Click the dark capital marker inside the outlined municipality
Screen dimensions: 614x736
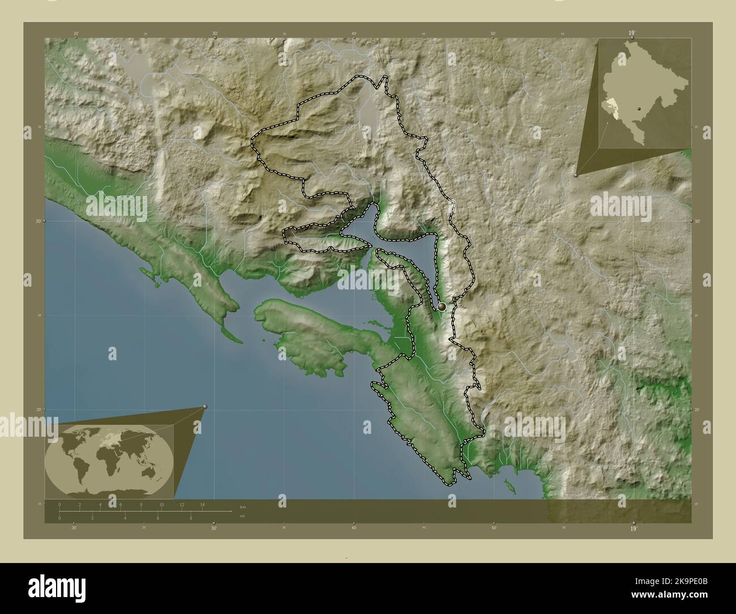coord(442,306)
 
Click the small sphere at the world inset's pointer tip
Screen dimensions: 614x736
coord(205,407)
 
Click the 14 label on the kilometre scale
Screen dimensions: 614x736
coord(202,504)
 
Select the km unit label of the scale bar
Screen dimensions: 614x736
coord(243,506)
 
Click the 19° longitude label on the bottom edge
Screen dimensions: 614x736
coord(633,528)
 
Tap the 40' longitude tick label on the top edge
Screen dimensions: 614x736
coord(354,34)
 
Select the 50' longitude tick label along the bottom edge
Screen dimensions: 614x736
coord(493,527)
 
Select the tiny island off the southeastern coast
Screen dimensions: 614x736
coord(508,485)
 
